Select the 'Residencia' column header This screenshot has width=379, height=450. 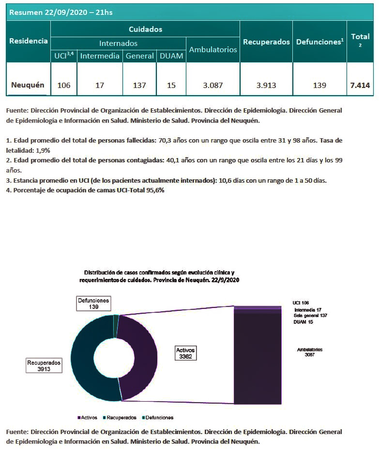[x=29, y=41]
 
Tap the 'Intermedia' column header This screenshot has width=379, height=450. [x=100, y=56]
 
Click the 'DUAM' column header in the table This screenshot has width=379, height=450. [x=171, y=56]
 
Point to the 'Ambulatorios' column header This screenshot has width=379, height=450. [x=213, y=49]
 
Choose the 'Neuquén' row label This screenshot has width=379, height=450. [x=28, y=85]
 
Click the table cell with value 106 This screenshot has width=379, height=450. [x=64, y=86]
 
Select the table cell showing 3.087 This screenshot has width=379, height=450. [x=213, y=86]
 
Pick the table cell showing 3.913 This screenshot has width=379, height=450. [x=266, y=86]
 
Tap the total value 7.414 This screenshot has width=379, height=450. [x=360, y=86]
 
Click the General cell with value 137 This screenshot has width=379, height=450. [x=139, y=86]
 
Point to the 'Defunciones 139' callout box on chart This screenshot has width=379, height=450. [x=94, y=304]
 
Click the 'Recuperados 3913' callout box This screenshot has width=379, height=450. [x=44, y=365]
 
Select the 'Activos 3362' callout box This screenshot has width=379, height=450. [x=186, y=353]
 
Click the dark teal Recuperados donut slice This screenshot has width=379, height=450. [x=87, y=358]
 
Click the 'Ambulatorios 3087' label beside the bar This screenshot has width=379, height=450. [x=309, y=352]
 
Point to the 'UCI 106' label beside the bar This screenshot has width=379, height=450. [x=301, y=303]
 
